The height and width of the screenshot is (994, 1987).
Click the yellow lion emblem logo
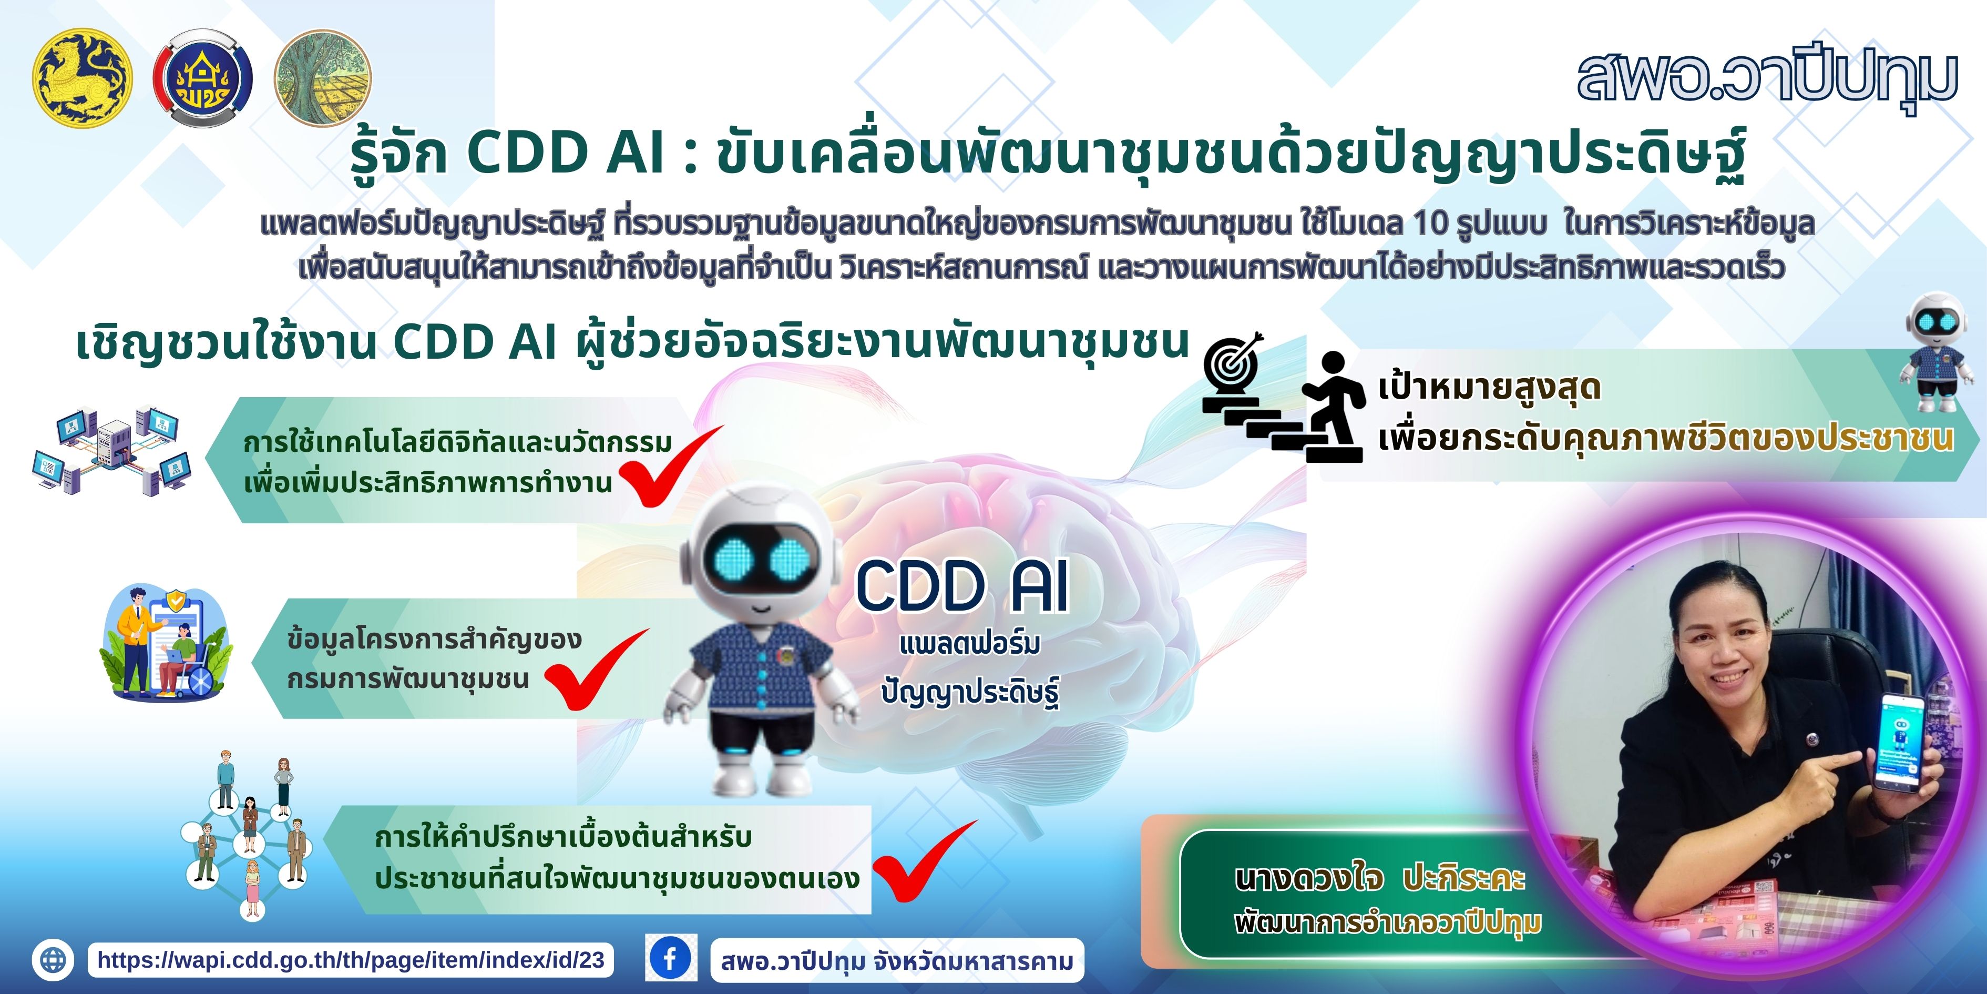(82, 77)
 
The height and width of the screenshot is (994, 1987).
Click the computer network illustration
(112, 451)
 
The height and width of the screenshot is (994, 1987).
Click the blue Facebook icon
(670, 959)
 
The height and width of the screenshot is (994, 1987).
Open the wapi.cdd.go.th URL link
(351, 960)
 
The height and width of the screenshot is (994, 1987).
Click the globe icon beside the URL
(53, 960)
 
